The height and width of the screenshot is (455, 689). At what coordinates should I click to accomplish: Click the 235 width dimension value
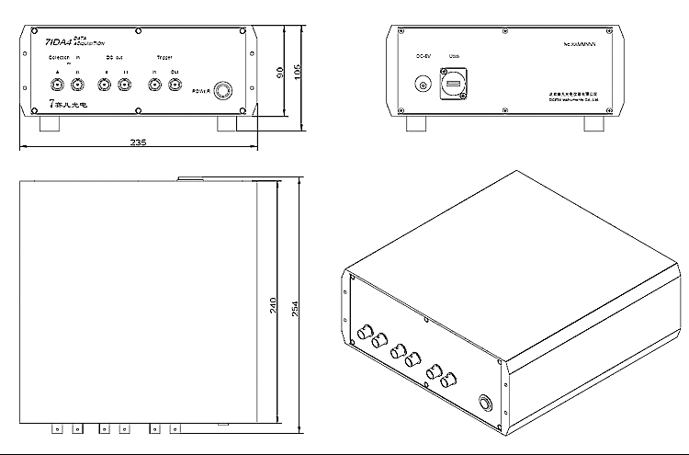[139, 142]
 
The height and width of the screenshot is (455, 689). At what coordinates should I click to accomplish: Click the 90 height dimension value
[276, 73]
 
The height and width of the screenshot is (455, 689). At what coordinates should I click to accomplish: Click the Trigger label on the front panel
[164, 57]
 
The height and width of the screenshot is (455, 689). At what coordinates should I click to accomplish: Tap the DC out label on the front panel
[114, 57]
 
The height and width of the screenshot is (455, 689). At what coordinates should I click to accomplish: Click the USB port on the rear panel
[453, 86]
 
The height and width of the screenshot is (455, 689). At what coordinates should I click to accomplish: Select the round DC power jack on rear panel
[424, 85]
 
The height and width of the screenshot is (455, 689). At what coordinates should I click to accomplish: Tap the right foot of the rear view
[593, 124]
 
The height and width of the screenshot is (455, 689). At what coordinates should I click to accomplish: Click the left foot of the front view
[47, 124]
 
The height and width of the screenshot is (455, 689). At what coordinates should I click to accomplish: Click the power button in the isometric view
[485, 403]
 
